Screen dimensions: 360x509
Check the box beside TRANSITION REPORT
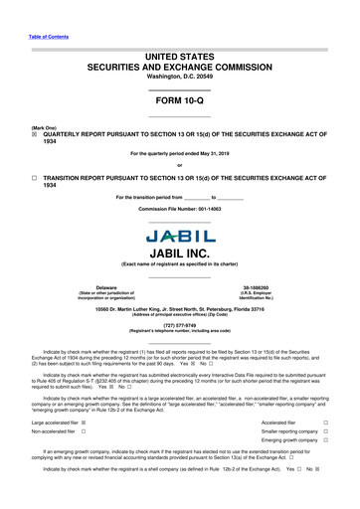coord(35,176)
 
